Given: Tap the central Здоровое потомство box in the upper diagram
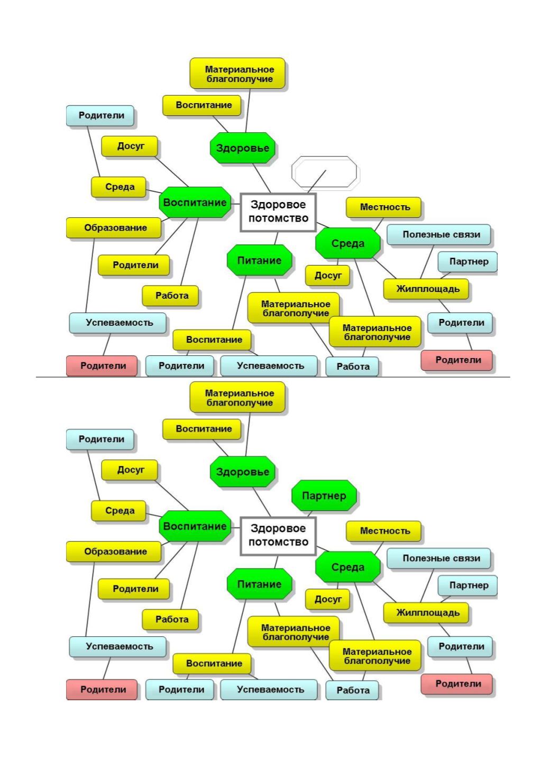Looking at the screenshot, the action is coord(278,212).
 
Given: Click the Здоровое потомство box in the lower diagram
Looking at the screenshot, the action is coord(278,536).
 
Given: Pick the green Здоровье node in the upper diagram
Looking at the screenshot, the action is coord(242,148).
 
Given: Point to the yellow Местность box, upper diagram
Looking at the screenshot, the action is coord(384,208).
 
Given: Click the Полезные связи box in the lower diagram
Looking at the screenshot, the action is coord(439,559).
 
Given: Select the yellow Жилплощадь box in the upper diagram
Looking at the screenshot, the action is coord(426,289).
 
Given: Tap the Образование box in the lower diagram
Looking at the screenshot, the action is coord(114,552).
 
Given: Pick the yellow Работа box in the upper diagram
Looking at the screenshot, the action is coord(170,296).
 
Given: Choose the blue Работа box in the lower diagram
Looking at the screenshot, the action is coord(352,690).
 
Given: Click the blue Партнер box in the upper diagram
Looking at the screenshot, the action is coord(467,262).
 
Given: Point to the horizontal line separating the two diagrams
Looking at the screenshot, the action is coord(273,377).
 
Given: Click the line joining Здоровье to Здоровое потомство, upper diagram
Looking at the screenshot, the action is coord(262,178).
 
